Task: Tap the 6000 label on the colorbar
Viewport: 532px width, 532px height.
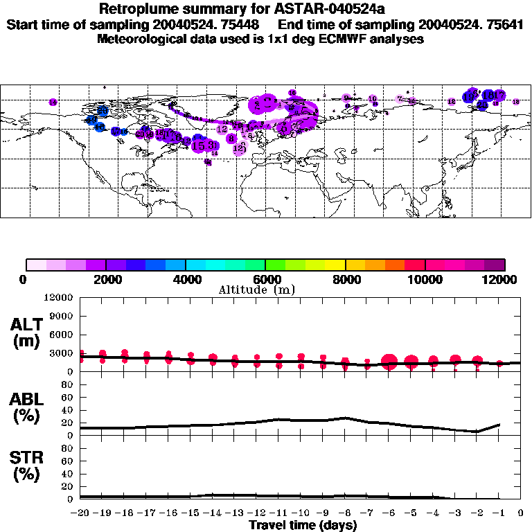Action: [265, 279]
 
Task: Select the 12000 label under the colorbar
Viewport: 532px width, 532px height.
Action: [500, 279]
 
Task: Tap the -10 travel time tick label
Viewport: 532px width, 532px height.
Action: [301, 513]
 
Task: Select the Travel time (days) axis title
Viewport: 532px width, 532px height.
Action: [303, 525]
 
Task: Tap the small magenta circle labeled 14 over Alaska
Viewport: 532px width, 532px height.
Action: [53, 103]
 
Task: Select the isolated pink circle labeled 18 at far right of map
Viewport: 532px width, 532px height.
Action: [515, 102]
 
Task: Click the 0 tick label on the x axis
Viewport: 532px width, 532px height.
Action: [520, 513]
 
